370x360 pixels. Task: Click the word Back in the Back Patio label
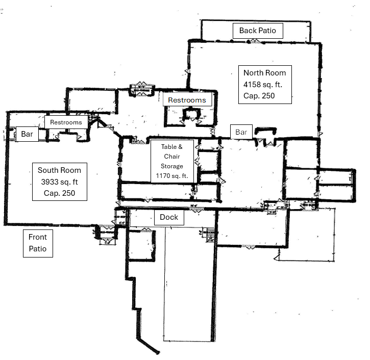[x=248, y=31]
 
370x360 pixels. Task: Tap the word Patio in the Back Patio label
[x=267, y=31]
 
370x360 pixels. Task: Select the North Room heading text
[x=264, y=72]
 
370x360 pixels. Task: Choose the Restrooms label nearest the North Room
[x=187, y=100]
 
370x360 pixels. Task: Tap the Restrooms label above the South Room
[x=66, y=122]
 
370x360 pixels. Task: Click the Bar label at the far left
[x=27, y=135]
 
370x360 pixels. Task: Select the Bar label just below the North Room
[x=241, y=132]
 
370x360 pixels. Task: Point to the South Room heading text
[x=59, y=170]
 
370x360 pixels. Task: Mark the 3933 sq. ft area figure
[x=59, y=182]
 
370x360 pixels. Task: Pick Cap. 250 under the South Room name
[x=59, y=194]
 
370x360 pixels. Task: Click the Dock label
[x=169, y=217]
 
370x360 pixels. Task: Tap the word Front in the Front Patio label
[x=38, y=237]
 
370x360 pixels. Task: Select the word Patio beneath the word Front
[x=38, y=249]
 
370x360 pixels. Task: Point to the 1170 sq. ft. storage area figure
[x=172, y=176]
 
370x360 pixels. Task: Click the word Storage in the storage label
[x=172, y=166]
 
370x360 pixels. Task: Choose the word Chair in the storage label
[x=172, y=157]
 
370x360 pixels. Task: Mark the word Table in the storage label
[x=169, y=147]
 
